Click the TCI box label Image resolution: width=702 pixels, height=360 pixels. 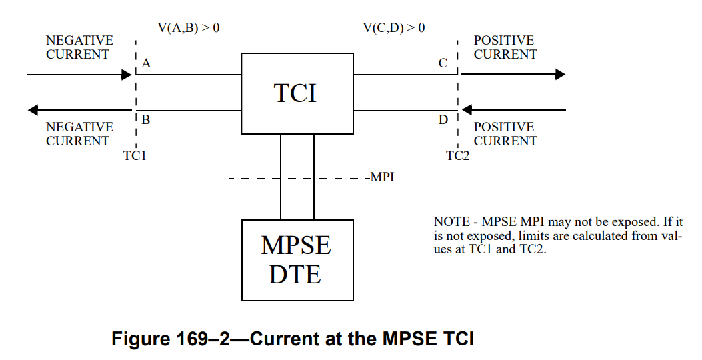(x=296, y=93)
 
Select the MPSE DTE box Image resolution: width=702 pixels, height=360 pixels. (x=297, y=259)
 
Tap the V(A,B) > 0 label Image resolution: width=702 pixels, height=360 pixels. (x=188, y=28)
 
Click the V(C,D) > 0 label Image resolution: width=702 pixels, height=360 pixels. (x=393, y=28)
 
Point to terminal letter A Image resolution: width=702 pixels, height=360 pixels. (x=147, y=64)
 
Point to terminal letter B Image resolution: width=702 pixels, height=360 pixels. (x=146, y=121)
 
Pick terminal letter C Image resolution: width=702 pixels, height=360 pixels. (x=443, y=64)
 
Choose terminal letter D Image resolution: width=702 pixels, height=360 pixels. (x=443, y=121)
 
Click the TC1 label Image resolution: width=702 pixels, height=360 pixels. (x=135, y=156)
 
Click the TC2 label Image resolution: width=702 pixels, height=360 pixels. (x=458, y=156)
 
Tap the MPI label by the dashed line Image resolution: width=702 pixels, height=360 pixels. (x=381, y=178)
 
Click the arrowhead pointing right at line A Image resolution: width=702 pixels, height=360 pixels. (x=129, y=75)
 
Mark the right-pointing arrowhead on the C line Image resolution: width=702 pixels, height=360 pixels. (x=560, y=75)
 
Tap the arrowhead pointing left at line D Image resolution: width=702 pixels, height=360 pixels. (x=467, y=110)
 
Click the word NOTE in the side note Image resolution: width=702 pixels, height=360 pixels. (x=451, y=221)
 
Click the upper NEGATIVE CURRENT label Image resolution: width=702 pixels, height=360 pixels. (x=79, y=47)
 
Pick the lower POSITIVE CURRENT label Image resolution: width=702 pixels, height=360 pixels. (x=505, y=133)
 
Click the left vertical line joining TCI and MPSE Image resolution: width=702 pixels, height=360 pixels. (x=281, y=177)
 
